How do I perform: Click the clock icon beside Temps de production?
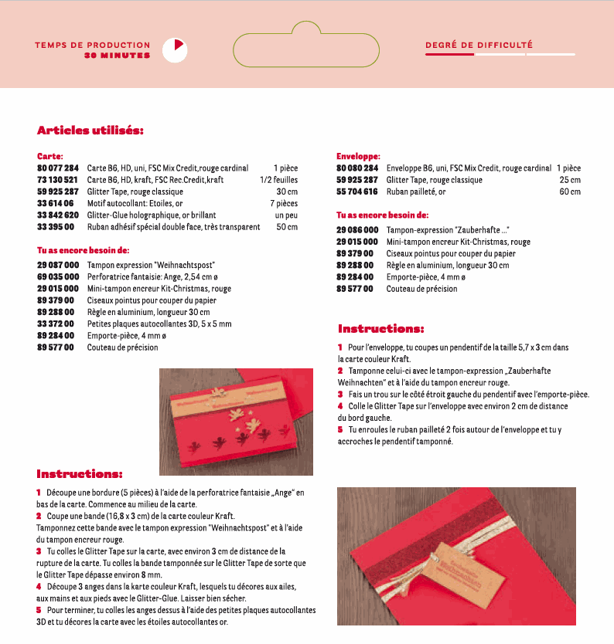point(175,49)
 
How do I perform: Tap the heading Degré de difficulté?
point(479,45)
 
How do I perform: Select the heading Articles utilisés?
point(90,130)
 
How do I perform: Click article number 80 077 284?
point(58,168)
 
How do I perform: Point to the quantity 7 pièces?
point(284,203)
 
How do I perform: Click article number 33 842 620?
point(58,215)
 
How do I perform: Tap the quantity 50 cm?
point(287,226)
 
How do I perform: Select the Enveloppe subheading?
point(358,156)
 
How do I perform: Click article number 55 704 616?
point(357,192)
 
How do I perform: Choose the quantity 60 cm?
point(570,192)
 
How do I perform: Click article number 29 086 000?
point(357,230)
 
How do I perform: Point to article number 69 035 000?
point(58,276)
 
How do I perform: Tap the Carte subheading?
point(50,156)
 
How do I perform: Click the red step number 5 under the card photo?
point(39,610)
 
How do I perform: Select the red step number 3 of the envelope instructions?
point(340,394)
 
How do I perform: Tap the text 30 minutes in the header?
point(118,56)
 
